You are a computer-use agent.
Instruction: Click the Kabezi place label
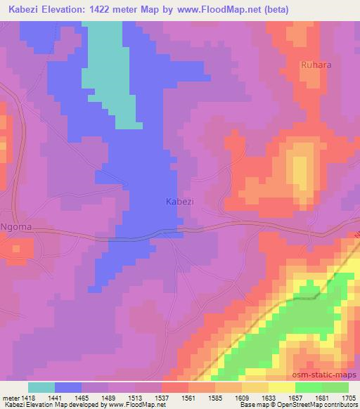tap(179, 201)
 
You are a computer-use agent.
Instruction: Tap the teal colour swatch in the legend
tap(41, 387)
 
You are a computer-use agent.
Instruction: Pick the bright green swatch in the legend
tap(308, 387)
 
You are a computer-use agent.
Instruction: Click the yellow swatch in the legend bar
tap(281, 387)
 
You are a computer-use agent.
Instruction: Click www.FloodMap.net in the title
tap(211, 8)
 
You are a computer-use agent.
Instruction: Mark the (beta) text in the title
tap(275, 8)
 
